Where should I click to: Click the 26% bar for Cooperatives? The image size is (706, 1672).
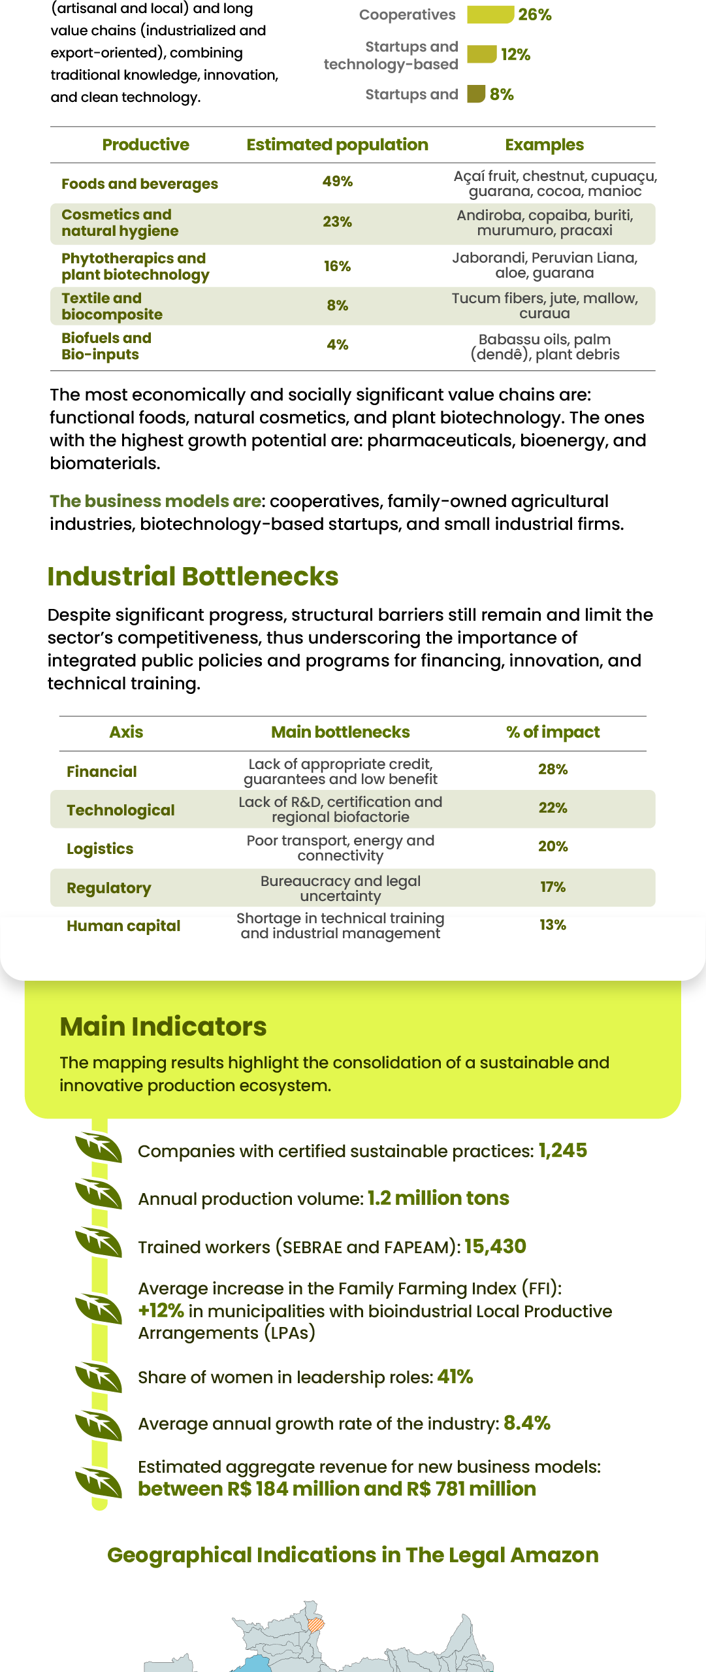[x=490, y=14]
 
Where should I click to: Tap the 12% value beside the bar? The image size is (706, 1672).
[x=515, y=55]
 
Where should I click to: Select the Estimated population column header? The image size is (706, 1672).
[x=337, y=144]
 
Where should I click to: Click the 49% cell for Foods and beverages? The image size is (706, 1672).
[x=337, y=181]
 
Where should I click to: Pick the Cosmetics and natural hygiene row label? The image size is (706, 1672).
[x=120, y=223]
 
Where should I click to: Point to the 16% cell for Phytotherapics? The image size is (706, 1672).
[x=337, y=266]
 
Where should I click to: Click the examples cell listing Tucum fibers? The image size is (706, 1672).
[x=545, y=306]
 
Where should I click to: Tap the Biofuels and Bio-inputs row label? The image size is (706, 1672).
[x=106, y=346]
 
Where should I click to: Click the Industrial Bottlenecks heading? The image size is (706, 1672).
[x=193, y=576]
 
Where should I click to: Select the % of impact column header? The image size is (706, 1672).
[x=553, y=732]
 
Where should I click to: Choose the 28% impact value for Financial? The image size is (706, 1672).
[x=553, y=769]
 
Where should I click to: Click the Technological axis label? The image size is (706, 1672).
[x=121, y=810]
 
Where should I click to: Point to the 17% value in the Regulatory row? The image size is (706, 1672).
[x=553, y=887]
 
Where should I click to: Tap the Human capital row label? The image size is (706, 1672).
[x=123, y=926]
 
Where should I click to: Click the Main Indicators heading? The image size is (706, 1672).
[x=163, y=1026]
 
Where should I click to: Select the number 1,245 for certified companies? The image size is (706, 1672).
[x=562, y=1151]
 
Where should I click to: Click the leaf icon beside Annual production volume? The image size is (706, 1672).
[x=99, y=1195]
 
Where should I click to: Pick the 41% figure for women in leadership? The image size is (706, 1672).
[x=455, y=1377]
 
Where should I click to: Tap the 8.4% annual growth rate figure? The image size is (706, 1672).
[x=527, y=1423]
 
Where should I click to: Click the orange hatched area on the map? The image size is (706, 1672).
[x=316, y=1624]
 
